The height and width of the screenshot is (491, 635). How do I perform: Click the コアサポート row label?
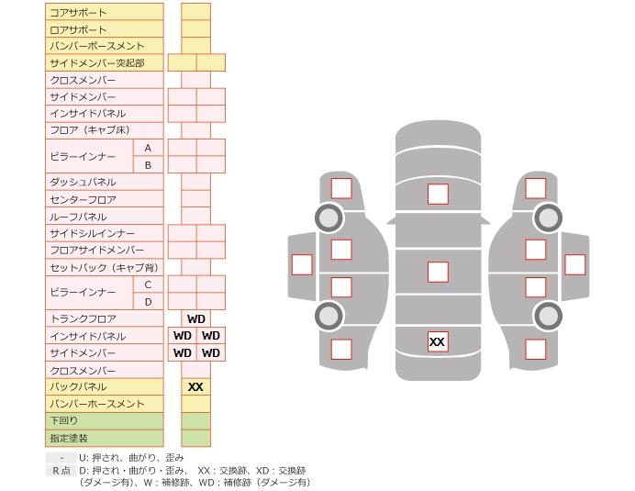pos(78,13)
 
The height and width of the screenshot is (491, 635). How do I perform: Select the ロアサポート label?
pos(78,29)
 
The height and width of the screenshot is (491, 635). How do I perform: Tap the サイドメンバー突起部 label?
pos(96,63)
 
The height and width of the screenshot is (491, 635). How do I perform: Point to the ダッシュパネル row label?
pos(83,182)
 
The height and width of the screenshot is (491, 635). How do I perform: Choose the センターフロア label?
pos(83,199)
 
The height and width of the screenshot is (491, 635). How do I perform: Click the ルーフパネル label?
pos(78,217)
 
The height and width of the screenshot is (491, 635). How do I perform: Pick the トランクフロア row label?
pos(83,318)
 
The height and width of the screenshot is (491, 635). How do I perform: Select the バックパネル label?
pos(78,386)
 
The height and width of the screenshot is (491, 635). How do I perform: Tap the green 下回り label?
pos(63,420)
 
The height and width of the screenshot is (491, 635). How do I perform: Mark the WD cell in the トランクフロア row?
pos(196,318)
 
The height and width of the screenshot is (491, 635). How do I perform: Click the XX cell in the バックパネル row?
pos(195,387)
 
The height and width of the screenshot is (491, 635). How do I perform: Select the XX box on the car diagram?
pos(438,341)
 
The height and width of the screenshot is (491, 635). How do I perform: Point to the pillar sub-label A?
pos(148,149)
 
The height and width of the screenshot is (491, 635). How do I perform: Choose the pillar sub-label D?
pos(148,302)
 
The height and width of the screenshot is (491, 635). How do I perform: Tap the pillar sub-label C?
pos(148,285)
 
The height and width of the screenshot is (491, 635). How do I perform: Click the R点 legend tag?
pos(61,470)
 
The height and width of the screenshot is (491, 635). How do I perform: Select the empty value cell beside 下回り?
pos(196,421)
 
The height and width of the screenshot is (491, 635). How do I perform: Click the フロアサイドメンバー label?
pos(96,250)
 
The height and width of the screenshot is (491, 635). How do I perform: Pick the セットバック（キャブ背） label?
pos(104,267)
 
